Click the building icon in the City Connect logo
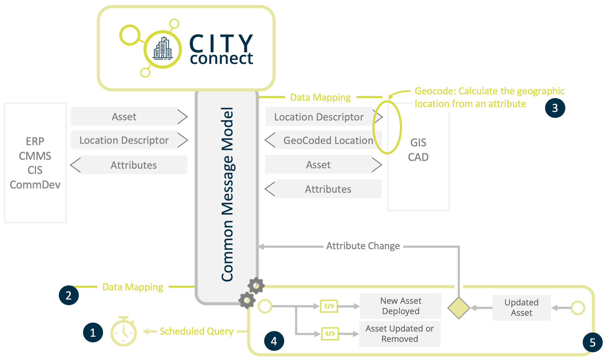point(163,49)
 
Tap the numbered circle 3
point(555,108)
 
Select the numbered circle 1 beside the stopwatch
point(93,332)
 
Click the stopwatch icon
point(124,332)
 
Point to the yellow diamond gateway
point(459,308)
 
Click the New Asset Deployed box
point(400,306)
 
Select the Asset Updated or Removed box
point(399,333)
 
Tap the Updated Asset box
point(521,308)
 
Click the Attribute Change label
point(363,246)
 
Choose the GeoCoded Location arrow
point(323,140)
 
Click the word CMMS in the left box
point(35,156)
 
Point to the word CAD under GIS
point(418,157)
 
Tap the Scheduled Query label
point(196,331)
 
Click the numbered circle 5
point(592,342)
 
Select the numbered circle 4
point(274,341)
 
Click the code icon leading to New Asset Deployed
point(329,306)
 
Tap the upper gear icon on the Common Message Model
point(256,286)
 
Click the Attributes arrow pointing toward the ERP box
point(129,165)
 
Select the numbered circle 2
point(69,295)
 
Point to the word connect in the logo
point(221,59)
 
